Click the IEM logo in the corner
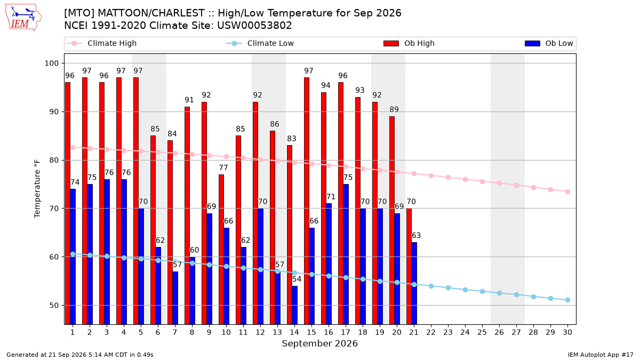(x=23, y=18)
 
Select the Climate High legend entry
(x=101, y=43)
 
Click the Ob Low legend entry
(x=549, y=43)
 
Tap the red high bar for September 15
(x=307, y=201)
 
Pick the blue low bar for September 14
(x=294, y=305)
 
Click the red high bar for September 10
(x=221, y=250)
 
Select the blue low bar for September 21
(x=414, y=283)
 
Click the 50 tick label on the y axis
(x=54, y=306)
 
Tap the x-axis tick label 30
(x=567, y=332)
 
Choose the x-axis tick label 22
(x=431, y=332)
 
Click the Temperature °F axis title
(x=37, y=189)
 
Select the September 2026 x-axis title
(x=319, y=343)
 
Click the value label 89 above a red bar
(x=394, y=109)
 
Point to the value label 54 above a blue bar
(x=297, y=279)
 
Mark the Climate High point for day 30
(x=567, y=191)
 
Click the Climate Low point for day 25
(x=482, y=291)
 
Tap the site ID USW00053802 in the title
(x=254, y=26)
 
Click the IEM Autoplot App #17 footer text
(x=601, y=355)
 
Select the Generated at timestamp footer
(x=79, y=355)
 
